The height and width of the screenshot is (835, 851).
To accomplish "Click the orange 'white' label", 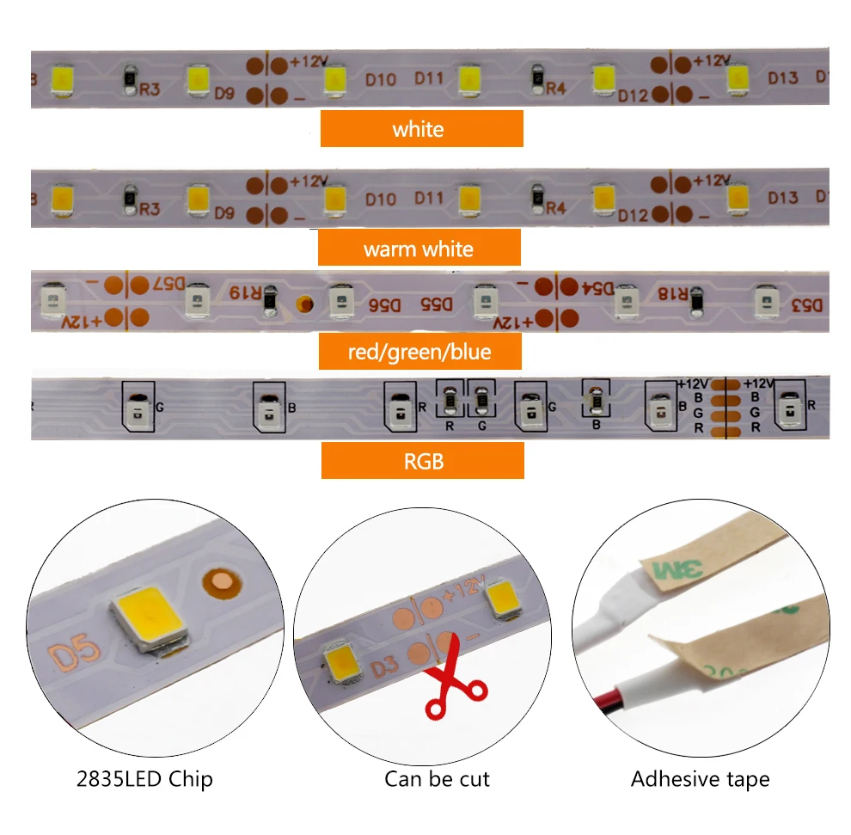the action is (x=421, y=129).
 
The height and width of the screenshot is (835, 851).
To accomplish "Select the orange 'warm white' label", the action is (x=419, y=249).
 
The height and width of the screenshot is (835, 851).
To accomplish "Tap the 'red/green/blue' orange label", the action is (x=420, y=352).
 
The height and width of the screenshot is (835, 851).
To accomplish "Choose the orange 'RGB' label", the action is (x=423, y=461).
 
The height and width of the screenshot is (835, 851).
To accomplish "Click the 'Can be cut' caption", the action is (x=437, y=779).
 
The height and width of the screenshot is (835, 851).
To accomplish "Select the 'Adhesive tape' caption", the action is (x=700, y=779).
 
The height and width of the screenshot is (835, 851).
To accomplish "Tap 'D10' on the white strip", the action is (x=380, y=80).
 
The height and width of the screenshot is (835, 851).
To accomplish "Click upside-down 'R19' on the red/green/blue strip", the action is (x=245, y=291).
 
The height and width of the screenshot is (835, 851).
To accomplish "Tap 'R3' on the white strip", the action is (x=149, y=87).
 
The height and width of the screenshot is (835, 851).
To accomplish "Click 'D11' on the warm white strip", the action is (x=429, y=199).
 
